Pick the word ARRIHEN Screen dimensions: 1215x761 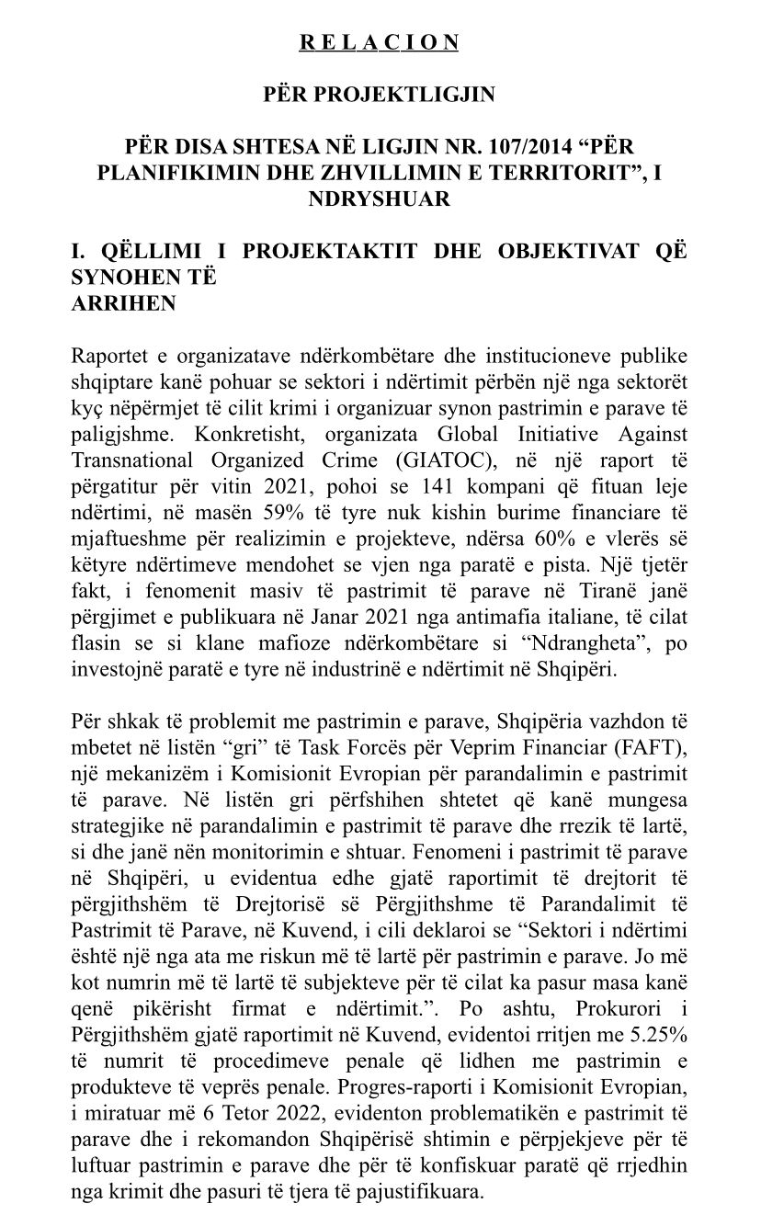(x=123, y=302)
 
